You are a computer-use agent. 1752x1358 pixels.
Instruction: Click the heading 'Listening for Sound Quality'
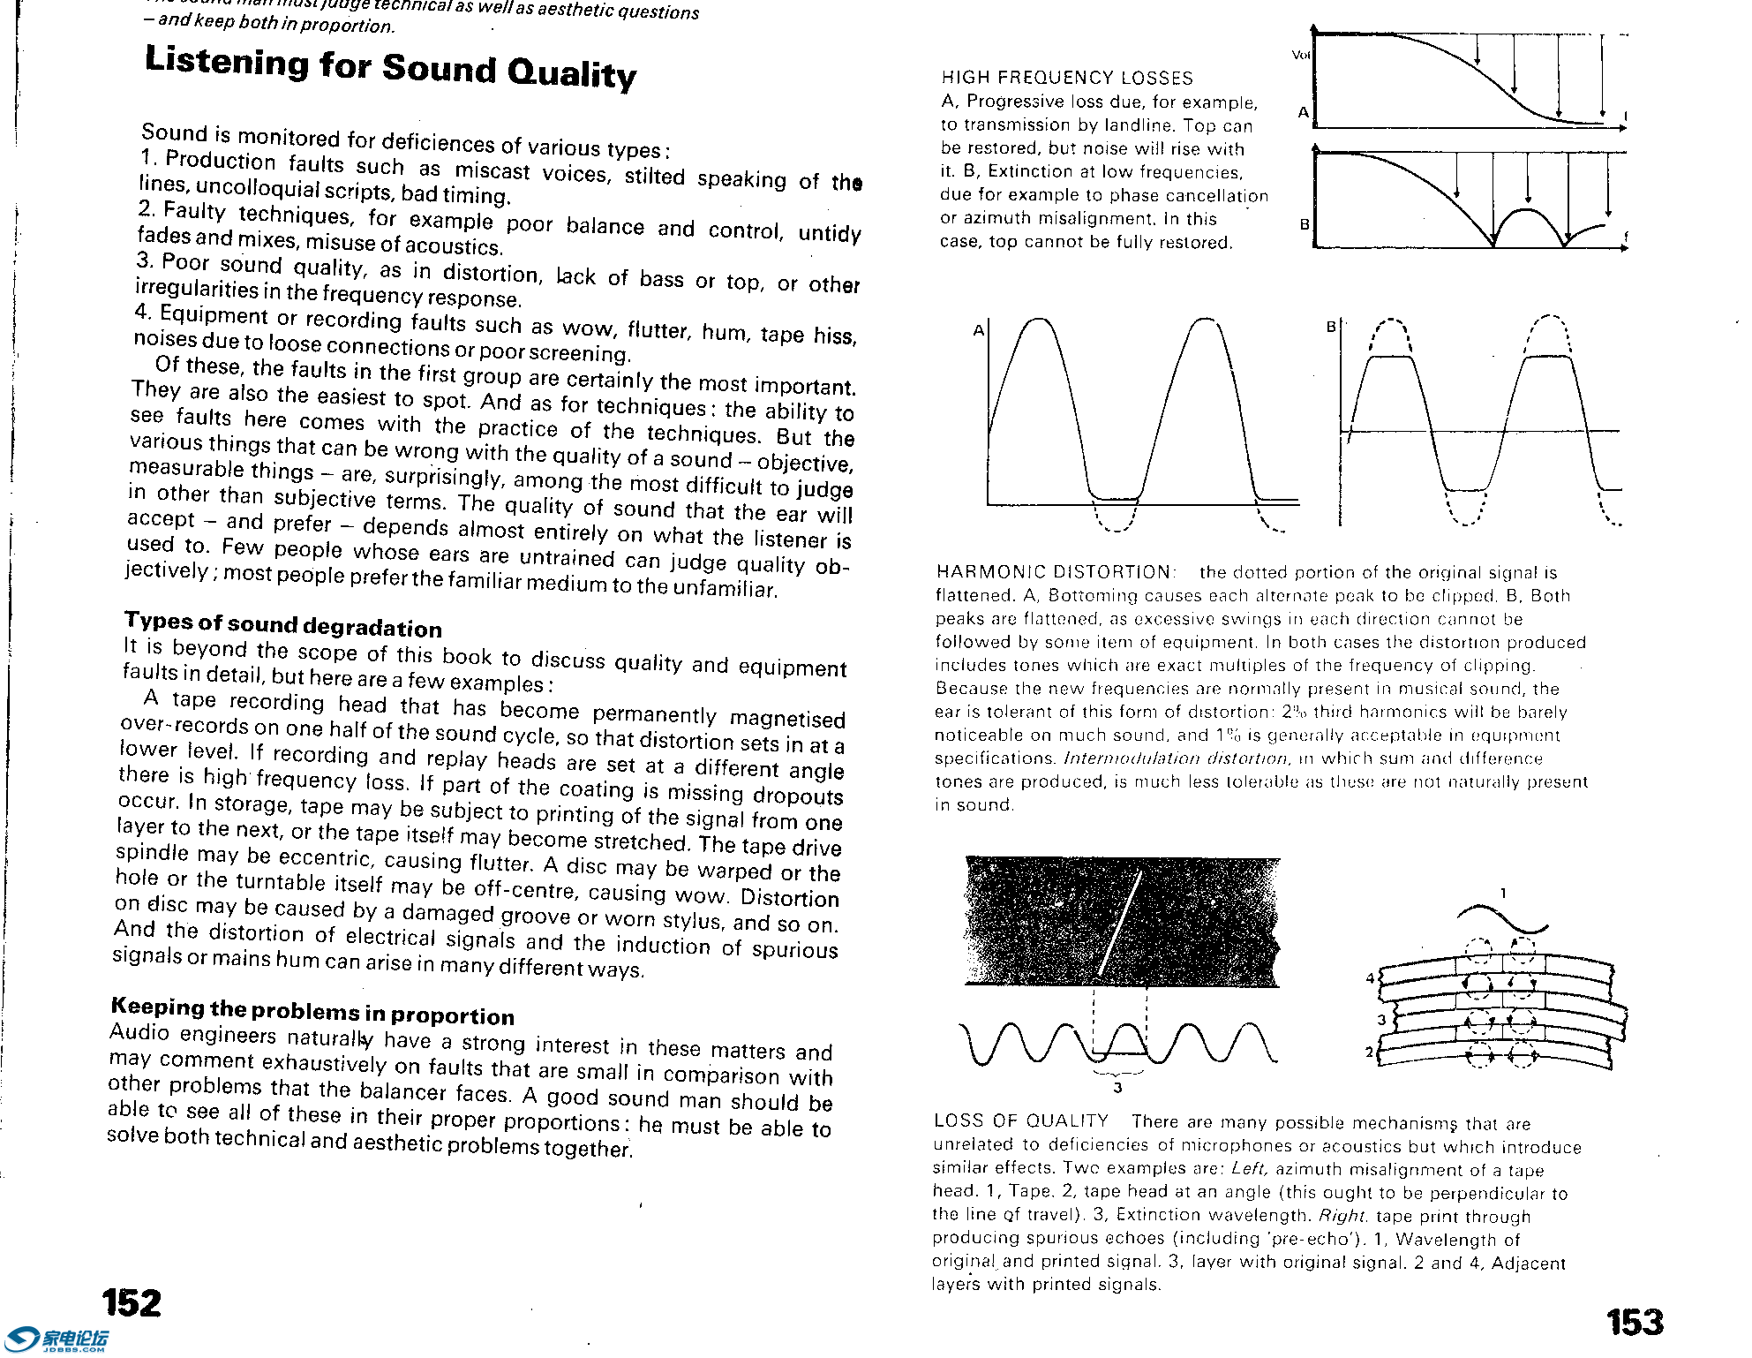click(x=389, y=67)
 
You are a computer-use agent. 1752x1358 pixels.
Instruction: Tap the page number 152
click(x=132, y=1303)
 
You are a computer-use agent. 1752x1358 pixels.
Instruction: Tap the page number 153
click(x=1635, y=1322)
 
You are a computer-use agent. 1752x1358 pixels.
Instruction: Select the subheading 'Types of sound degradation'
click(x=282, y=624)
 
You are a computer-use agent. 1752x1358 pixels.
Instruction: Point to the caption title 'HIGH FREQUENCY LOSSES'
click(x=1067, y=79)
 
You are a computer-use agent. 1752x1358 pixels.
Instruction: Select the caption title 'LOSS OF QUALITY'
click(x=1020, y=1121)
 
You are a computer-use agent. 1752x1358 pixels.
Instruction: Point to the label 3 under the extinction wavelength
click(x=1117, y=1088)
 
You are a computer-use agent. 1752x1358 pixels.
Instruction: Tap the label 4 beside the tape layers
click(x=1371, y=977)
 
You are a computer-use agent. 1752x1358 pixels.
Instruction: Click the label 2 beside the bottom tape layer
click(x=1370, y=1052)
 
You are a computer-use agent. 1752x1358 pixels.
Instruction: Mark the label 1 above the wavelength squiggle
click(x=1503, y=894)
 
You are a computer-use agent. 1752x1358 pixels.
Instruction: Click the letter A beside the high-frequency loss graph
click(x=1303, y=112)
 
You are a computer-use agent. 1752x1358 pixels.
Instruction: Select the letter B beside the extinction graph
click(x=1305, y=224)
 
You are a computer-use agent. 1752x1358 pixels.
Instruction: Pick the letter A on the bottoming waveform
click(x=978, y=331)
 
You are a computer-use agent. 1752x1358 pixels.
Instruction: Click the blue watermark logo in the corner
click(x=55, y=1340)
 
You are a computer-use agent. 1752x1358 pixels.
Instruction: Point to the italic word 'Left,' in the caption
click(x=1250, y=1170)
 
